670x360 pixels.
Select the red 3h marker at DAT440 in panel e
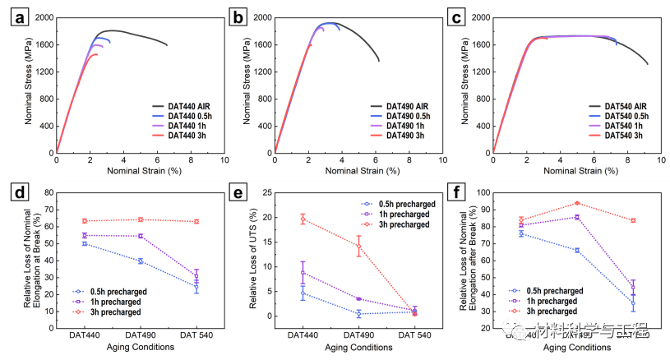[x=303, y=219]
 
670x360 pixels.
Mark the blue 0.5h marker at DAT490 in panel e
[x=359, y=314]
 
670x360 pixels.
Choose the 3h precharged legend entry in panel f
[x=548, y=312]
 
